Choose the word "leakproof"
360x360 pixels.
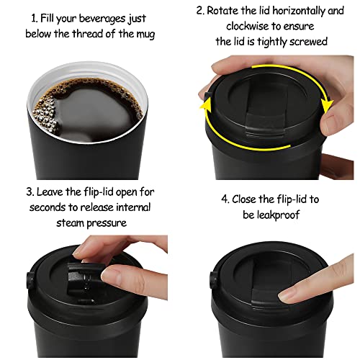pos(267,215)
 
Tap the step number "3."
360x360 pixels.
pos(28,192)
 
